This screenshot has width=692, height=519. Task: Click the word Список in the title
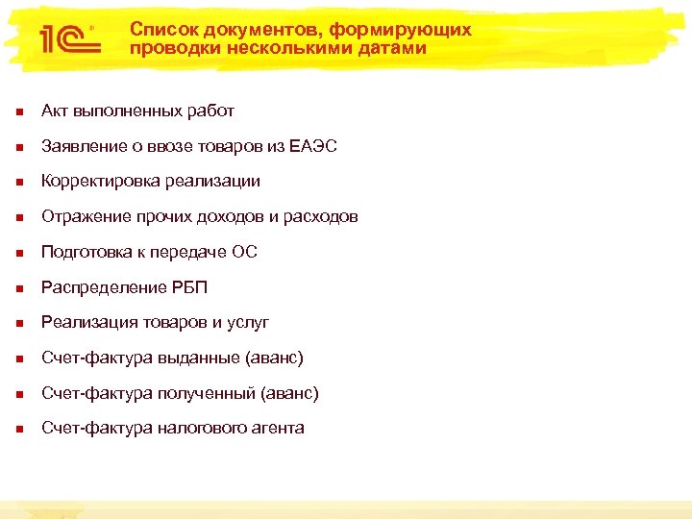pos(160,30)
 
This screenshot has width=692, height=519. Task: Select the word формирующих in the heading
pos(415,30)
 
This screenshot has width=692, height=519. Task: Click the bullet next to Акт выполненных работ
pos(17,111)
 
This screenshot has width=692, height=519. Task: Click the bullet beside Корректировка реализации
pos(17,182)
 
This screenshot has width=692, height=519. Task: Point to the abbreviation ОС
pos(244,252)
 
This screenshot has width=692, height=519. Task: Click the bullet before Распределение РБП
pos(17,288)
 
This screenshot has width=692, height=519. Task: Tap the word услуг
pos(247,322)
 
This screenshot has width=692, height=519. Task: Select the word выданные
pos(203,358)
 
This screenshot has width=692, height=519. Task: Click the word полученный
pos(210,393)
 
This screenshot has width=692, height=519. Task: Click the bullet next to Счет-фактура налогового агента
pos(17,429)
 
